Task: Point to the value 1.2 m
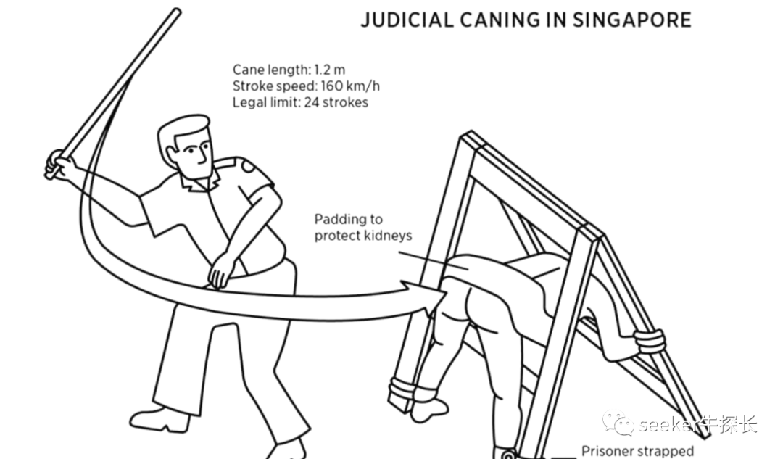click(330, 70)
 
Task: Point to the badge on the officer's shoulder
click(249, 166)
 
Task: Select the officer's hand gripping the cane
click(57, 165)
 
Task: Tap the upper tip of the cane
click(176, 12)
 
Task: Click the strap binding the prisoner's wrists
click(649, 340)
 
